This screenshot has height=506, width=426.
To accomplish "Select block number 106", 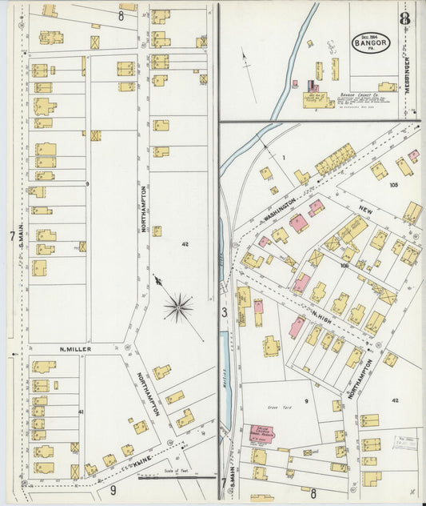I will (x=345, y=265).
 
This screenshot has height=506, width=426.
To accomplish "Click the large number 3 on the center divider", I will (x=225, y=312).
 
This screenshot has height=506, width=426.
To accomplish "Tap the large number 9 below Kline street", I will (x=113, y=490).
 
